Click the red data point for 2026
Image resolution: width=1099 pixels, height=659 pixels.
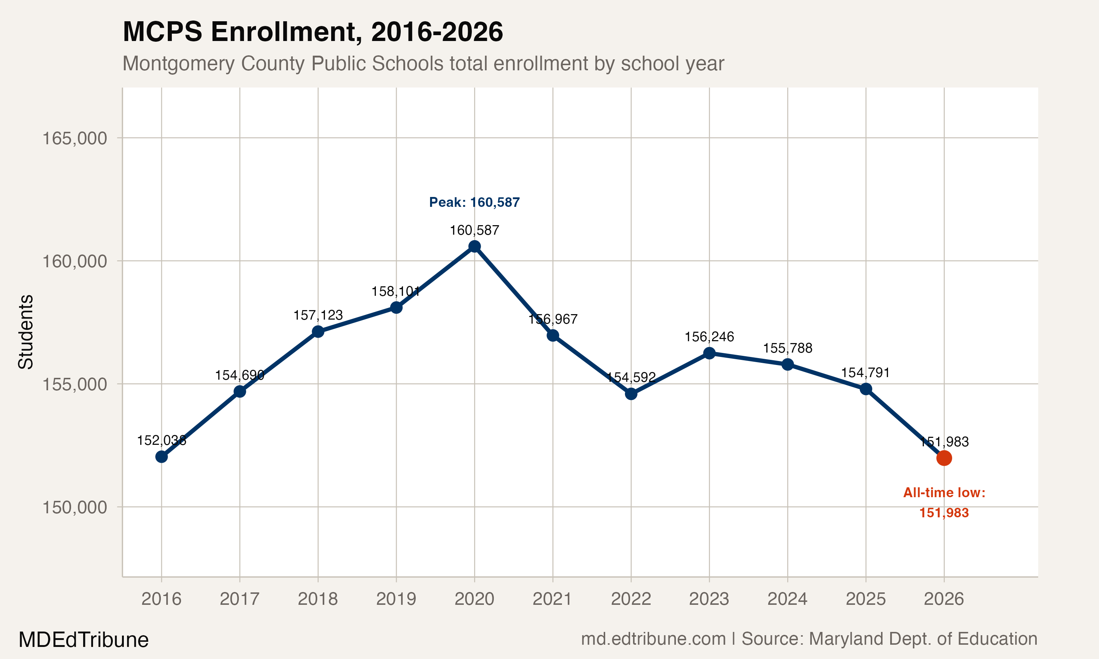(944, 458)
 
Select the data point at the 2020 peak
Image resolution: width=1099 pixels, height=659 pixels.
(474, 246)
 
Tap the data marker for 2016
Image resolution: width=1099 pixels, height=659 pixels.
(161, 457)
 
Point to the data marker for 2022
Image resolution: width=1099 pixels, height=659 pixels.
(631, 394)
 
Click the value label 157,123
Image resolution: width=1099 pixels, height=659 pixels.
(318, 315)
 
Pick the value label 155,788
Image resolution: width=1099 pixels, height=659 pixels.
(787, 348)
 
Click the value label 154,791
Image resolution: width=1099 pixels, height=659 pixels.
(865, 373)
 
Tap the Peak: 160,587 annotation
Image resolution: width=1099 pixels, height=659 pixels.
(474, 202)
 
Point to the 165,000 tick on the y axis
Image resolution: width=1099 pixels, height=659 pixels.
(75, 138)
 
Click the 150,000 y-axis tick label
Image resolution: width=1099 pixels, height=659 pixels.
(75, 507)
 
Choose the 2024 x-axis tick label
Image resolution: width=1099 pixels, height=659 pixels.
(787, 599)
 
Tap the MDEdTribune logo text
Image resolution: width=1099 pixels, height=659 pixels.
(84, 640)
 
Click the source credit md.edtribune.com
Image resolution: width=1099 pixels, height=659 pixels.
(653, 639)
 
